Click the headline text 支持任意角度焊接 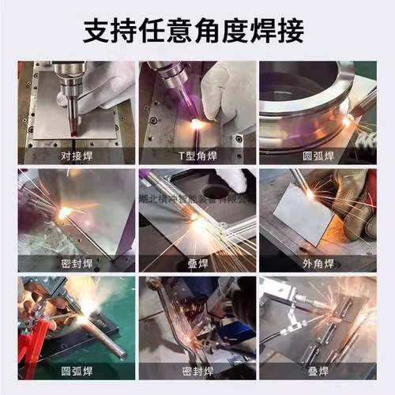coord(197,31)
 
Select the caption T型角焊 coord(197,154)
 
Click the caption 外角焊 coord(317,263)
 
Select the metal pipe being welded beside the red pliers coord(103,336)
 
